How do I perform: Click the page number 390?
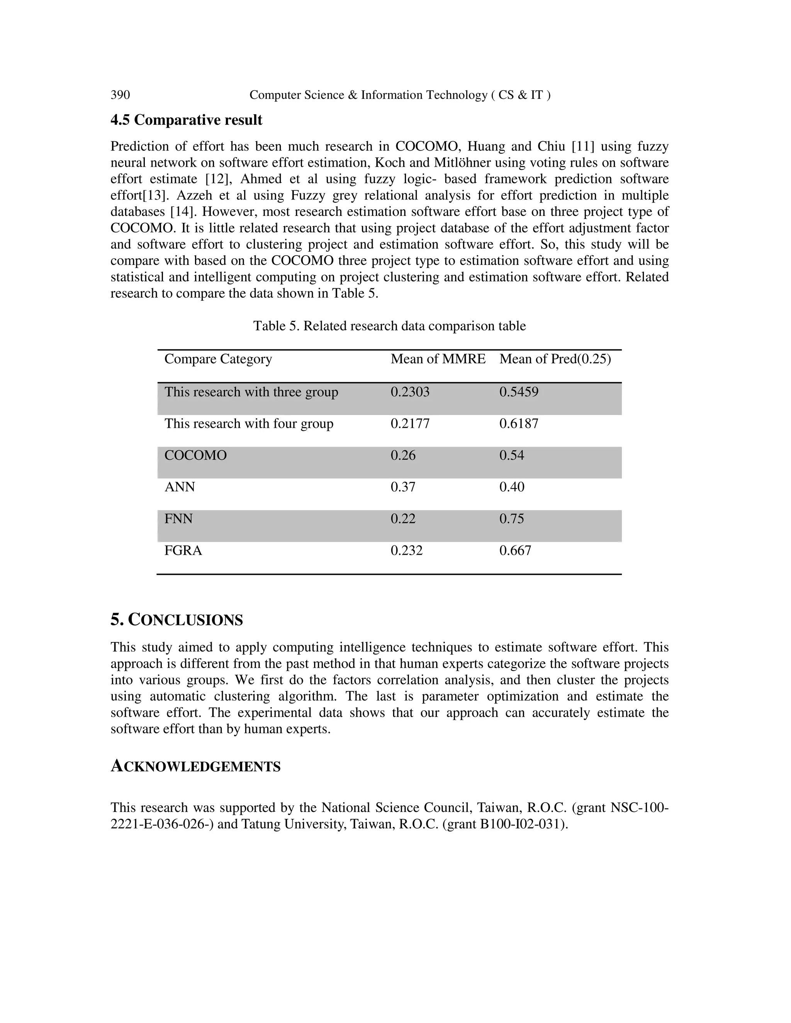pos(120,95)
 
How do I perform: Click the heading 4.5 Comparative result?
pos(186,120)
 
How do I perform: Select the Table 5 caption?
pos(389,326)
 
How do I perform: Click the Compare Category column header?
pos(218,359)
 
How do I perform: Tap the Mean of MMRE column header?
pos(438,359)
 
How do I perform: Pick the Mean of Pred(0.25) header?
pos(555,359)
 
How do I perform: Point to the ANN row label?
pos(180,487)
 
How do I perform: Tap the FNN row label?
pos(178,519)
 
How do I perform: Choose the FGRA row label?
pos(183,550)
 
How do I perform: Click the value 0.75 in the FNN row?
pos(511,519)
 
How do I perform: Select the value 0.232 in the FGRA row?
pos(406,550)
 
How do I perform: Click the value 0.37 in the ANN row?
pos(402,487)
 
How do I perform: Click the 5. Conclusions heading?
pos(177,620)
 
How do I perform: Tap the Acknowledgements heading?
pos(195,767)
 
